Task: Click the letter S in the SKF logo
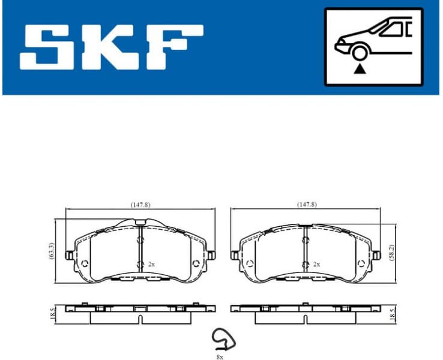pos(49,46)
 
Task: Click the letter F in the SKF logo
pos(174,46)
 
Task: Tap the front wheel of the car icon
pos(360,53)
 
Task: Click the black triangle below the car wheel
pos(360,70)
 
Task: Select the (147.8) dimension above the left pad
pos(140,205)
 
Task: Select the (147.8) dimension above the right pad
pos(306,205)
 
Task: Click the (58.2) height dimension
pos(391,251)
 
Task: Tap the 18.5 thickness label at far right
pos(391,313)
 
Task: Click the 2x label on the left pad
pos(151,264)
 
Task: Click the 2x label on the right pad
pos(316,264)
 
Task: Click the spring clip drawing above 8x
pos(223,340)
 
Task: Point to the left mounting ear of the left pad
pos(69,256)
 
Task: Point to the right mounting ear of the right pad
pos(376,256)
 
